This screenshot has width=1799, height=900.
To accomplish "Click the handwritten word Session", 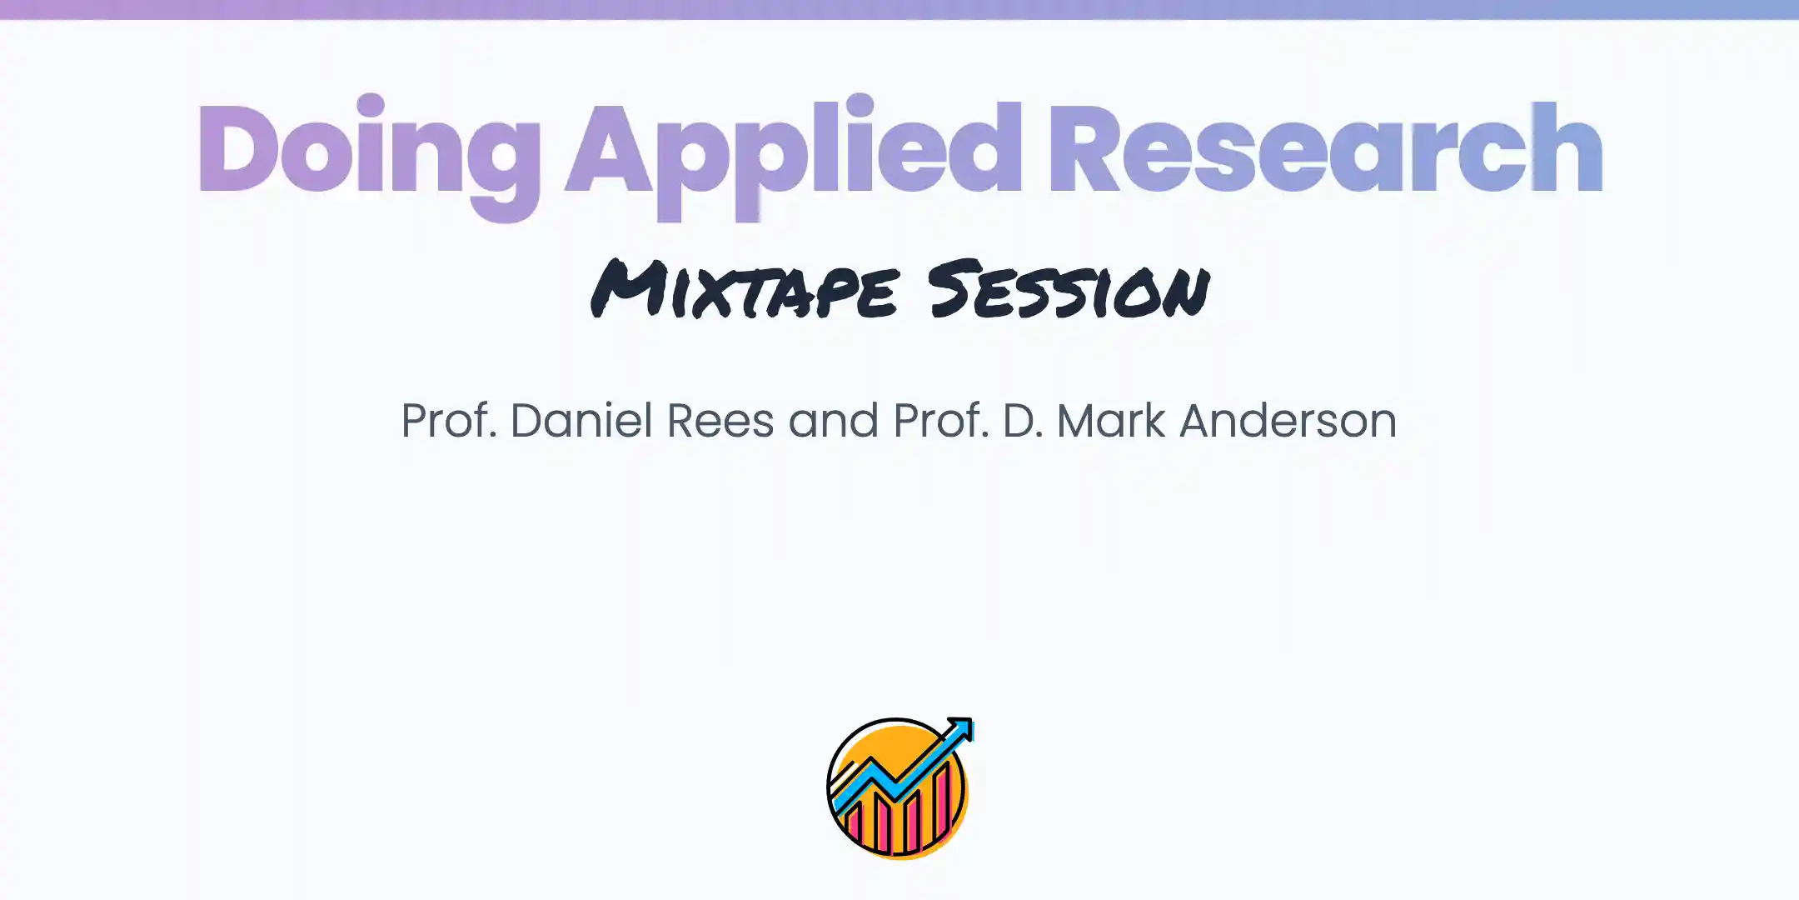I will (x=1069, y=290).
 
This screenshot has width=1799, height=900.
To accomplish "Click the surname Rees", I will (x=720, y=420).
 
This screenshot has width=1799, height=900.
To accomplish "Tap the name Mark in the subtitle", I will (x=1110, y=420).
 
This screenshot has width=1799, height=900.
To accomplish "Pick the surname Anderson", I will (x=1288, y=420).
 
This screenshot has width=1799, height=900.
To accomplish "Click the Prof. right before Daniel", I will (x=449, y=420).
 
